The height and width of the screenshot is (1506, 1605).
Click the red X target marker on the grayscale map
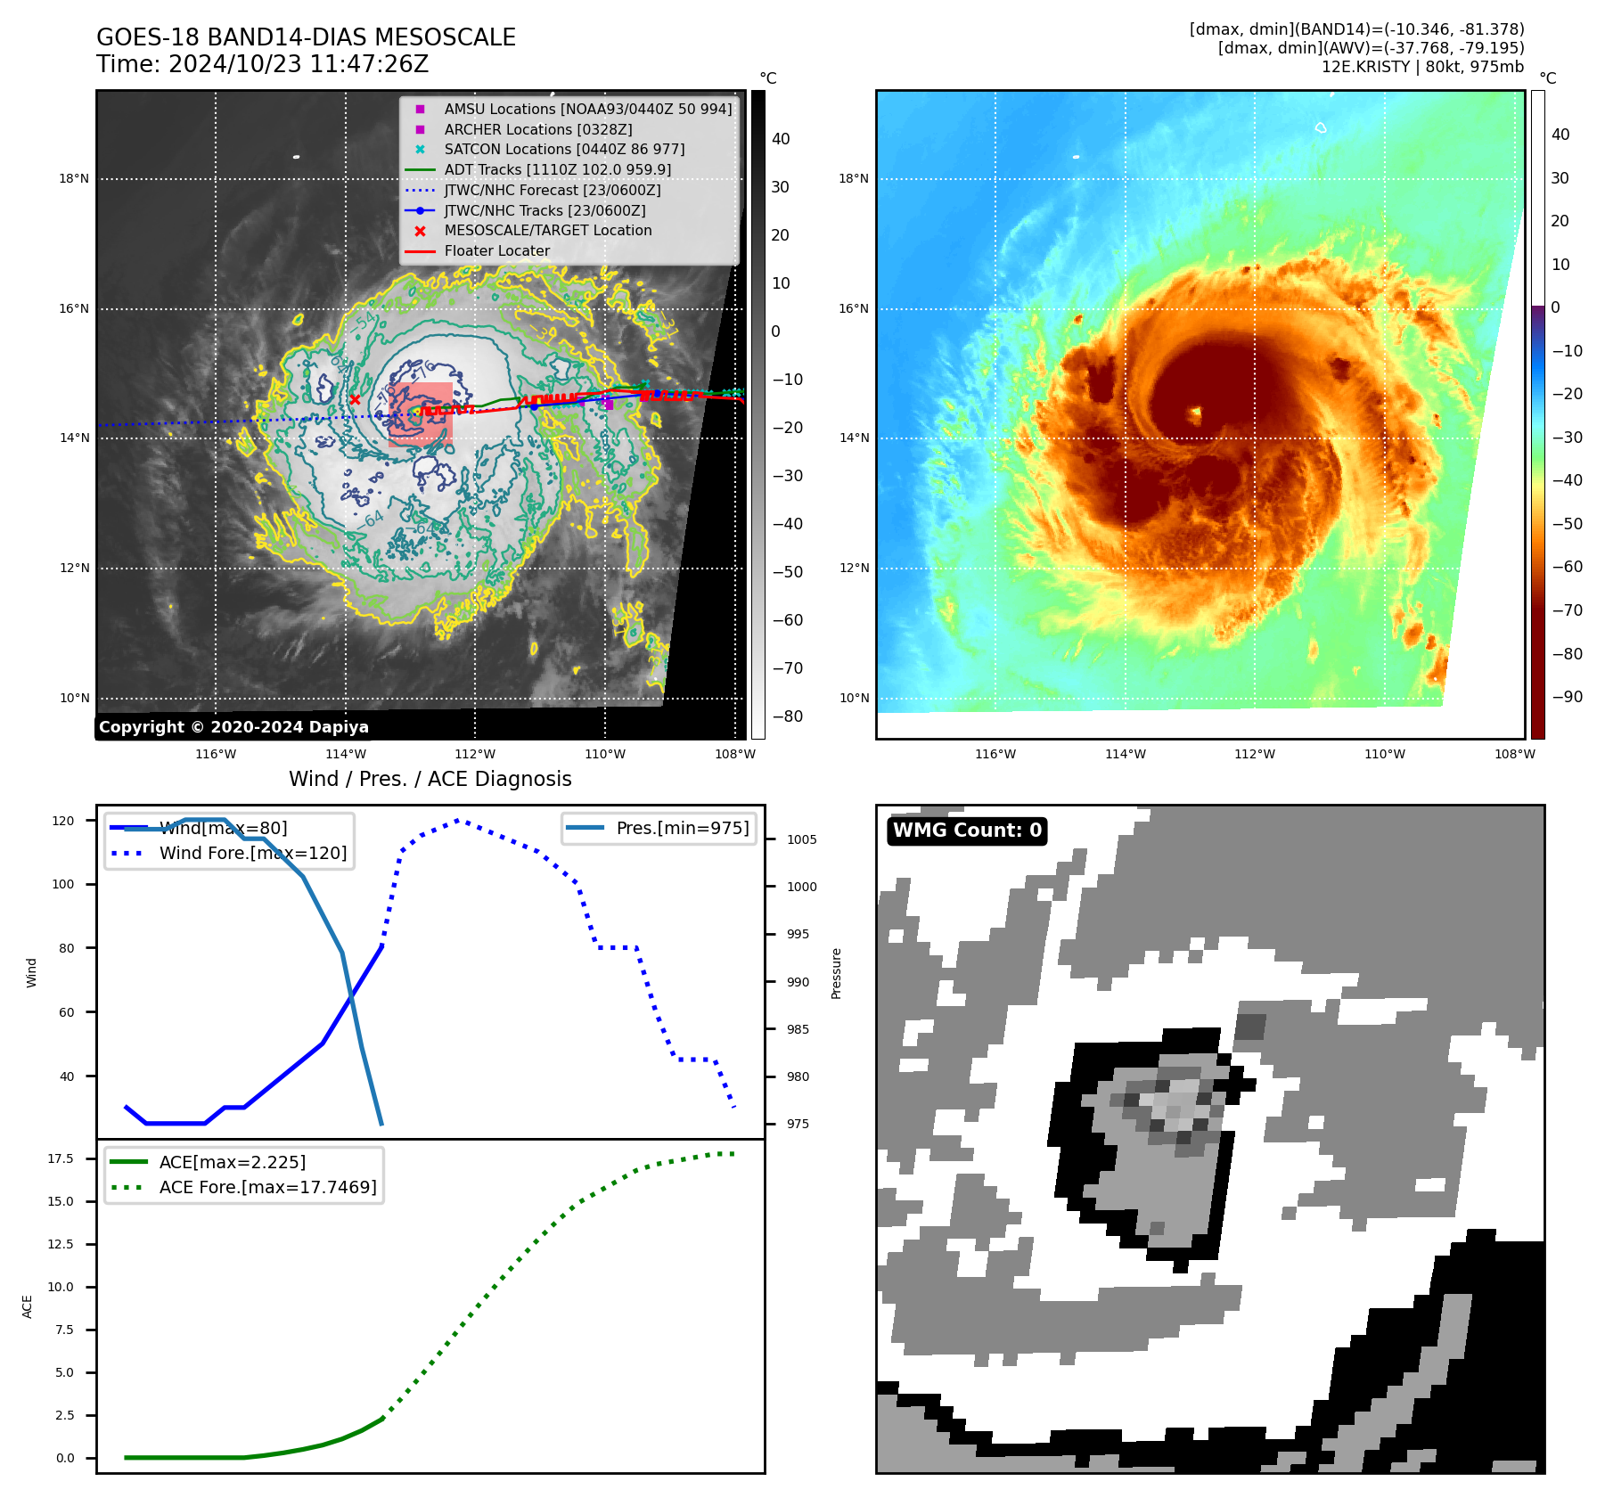(x=355, y=399)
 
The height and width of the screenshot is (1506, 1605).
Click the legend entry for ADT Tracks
(x=557, y=169)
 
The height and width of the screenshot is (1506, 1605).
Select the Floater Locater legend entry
(x=496, y=251)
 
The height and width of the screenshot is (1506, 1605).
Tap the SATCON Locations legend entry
(x=564, y=149)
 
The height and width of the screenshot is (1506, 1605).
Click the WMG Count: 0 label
(x=967, y=831)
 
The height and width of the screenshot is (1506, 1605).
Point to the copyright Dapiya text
(x=233, y=727)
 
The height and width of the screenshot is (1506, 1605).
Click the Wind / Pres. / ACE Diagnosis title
(x=430, y=779)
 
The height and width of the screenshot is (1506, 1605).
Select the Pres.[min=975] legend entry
(x=682, y=828)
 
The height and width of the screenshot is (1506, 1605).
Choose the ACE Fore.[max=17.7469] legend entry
(x=267, y=1187)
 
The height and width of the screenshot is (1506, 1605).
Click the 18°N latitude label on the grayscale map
(x=74, y=178)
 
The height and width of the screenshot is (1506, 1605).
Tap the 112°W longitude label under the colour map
(x=1254, y=754)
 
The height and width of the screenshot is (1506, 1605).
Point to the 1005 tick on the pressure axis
(x=801, y=839)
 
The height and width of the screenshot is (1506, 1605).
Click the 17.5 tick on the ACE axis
(x=61, y=1158)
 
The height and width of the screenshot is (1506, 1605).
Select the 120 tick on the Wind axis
(x=63, y=821)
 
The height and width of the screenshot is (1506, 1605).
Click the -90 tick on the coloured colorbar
(x=1567, y=697)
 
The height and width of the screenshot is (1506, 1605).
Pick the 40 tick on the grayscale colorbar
(x=781, y=139)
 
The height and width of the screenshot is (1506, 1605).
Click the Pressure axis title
(x=836, y=973)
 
